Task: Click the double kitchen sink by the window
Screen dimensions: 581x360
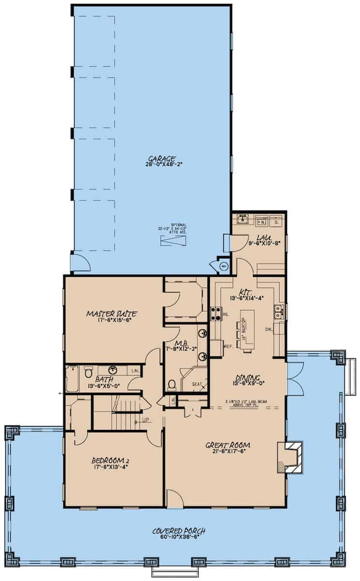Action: tap(280, 311)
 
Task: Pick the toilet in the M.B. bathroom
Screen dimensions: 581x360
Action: tap(172, 384)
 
